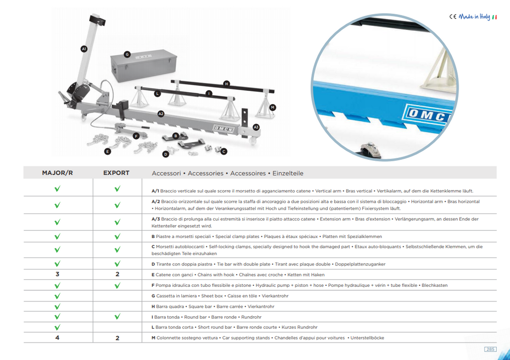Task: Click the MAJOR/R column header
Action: coord(57,173)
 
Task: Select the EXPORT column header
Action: coord(116,173)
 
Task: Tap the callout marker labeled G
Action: coord(127,54)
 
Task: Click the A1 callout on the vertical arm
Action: coord(84,49)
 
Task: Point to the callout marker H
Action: coord(227,84)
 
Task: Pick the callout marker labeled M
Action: coord(272,108)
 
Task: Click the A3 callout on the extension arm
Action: coord(256,127)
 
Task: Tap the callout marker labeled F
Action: coord(136,136)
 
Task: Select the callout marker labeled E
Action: coord(108,151)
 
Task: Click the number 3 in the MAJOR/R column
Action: coord(57,274)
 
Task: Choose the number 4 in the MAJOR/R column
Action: coord(57,338)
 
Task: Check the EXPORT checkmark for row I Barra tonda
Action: coord(118,316)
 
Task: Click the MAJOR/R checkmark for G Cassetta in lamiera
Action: coord(57,296)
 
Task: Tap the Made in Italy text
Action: coord(475,16)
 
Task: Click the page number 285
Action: coord(490,349)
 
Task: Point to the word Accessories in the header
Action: coord(206,173)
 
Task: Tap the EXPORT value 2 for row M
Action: coord(118,338)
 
